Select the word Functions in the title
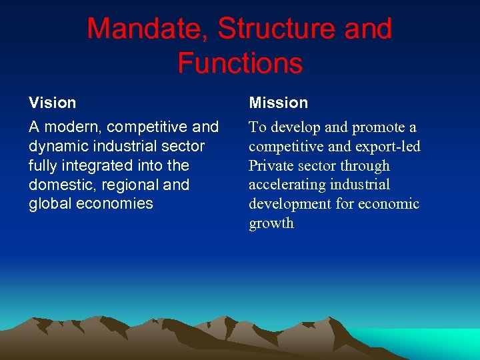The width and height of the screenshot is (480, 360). click(240, 63)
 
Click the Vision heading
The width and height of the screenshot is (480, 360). click(52, 103)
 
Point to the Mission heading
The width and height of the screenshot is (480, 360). click(278, 103)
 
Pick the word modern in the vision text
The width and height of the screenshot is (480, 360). click(73, 127)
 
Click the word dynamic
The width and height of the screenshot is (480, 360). click(57, 146)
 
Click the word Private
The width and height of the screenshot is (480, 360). click(270, 166)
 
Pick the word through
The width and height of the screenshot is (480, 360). click(365, 166)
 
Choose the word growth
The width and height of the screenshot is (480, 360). click(271, 224)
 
